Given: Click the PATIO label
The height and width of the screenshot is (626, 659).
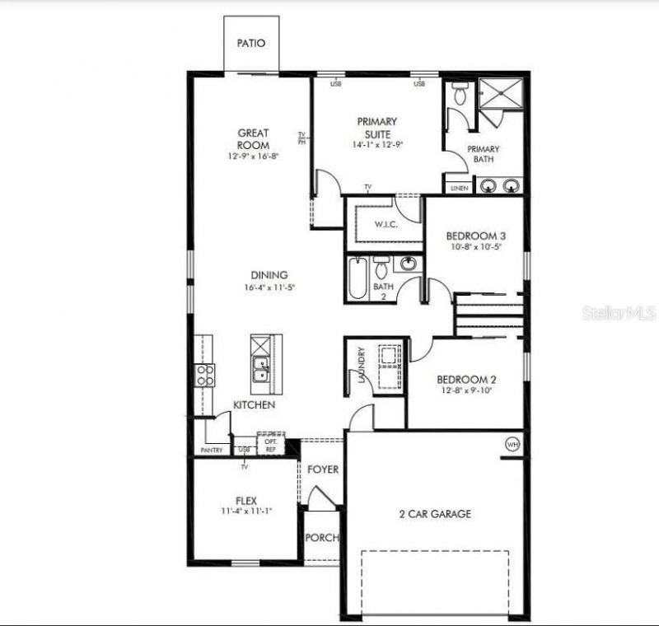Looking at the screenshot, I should [251, 44].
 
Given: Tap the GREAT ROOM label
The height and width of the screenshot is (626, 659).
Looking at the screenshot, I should [254, 138].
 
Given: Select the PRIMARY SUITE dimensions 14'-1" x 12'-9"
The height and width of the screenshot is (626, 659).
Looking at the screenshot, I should [377, 144].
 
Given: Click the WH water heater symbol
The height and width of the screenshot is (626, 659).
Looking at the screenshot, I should [512, 444].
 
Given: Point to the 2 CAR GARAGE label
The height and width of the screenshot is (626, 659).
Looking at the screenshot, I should [436, 514].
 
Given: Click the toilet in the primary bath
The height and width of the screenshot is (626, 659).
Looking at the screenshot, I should [460, 94].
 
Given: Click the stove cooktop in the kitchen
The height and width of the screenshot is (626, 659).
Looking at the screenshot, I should [204, 376].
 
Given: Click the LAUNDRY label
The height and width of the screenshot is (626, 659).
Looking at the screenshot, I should [361, 365].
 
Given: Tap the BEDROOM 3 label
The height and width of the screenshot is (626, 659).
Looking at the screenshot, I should [476, 236].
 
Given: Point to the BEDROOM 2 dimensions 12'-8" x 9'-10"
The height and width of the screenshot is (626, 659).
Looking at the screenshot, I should [465, 391].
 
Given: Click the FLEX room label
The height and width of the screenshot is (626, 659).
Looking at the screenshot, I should [246, 500].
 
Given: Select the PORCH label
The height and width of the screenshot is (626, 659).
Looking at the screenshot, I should [322, 538].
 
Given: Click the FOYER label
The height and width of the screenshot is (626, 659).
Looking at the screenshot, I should [323, 469].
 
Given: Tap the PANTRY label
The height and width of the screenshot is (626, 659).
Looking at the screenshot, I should [212, 451].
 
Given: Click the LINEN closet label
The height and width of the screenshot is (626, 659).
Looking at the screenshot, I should [459, 189].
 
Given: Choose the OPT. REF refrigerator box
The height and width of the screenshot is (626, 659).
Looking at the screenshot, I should [270, 444].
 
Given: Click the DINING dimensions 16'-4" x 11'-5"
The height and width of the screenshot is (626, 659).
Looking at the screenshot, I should [269, 287].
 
